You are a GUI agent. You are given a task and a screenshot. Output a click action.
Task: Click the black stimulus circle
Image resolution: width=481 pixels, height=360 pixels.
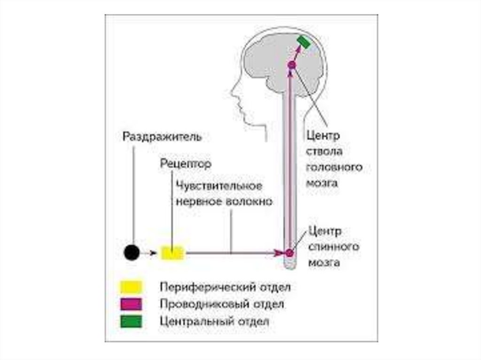click(x=132, y=253)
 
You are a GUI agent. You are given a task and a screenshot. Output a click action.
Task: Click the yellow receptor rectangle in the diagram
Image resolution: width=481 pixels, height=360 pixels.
click(x=173, y=253)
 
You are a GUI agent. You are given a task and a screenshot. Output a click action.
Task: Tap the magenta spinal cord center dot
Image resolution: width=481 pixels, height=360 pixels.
click(x=290, y=253)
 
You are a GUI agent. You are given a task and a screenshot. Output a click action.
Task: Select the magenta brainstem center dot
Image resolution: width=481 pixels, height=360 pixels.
click(x=291, y=65)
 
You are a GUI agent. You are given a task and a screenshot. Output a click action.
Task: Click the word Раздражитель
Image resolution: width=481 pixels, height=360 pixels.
click(x=163, y=138)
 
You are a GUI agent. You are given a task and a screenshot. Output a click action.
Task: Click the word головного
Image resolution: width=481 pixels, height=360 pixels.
click(x=334, y=168)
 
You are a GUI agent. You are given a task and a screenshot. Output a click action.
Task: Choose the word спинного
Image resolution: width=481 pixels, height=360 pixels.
click(x=334, y=247)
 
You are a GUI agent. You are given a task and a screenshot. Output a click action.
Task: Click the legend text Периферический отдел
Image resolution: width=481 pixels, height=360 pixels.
click(x=225, y=286)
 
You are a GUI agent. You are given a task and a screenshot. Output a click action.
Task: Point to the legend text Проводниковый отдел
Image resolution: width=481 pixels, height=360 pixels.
click(x=222, y=304)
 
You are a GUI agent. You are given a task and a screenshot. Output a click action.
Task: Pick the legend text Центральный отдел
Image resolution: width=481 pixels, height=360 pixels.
click(x=214, y=322)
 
